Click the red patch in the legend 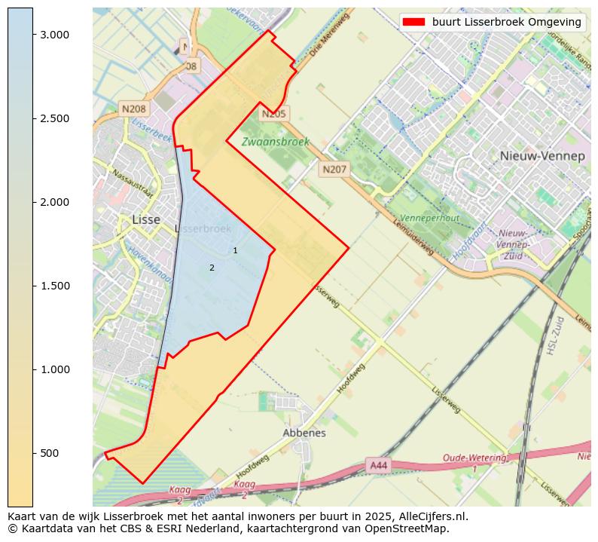coord(413,22)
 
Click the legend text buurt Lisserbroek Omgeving coord(506,22)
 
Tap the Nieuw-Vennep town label coord(542,156)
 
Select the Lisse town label coord(145,219)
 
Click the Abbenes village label coord(304,433)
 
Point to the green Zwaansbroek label coord(275,142)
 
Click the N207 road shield coord(334,170)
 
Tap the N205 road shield coord(274,114)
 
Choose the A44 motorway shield coord(379,466)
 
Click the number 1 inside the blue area coord(235,250)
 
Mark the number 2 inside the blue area coord(212,268)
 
